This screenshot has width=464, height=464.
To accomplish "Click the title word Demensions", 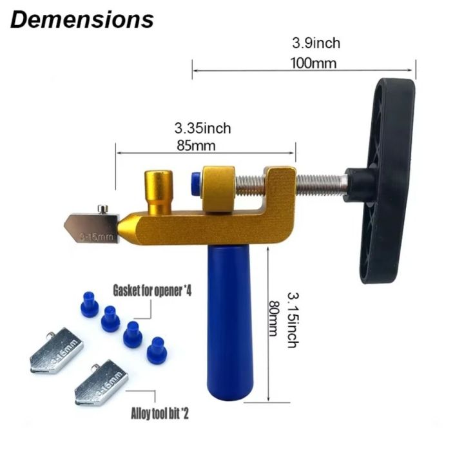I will tap(82, 19).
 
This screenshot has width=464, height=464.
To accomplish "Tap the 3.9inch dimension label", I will tap(316, 44).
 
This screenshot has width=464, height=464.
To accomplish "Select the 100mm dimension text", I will tap(316, 63).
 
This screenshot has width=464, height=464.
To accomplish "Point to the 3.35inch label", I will tap(202, 128).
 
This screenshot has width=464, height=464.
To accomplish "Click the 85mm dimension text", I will tap(195, 145).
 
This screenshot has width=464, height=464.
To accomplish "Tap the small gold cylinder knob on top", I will tap(158, 189).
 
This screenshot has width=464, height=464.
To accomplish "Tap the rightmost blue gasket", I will tap(155, 349).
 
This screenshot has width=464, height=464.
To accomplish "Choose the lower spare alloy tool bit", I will tap(101, 383).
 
